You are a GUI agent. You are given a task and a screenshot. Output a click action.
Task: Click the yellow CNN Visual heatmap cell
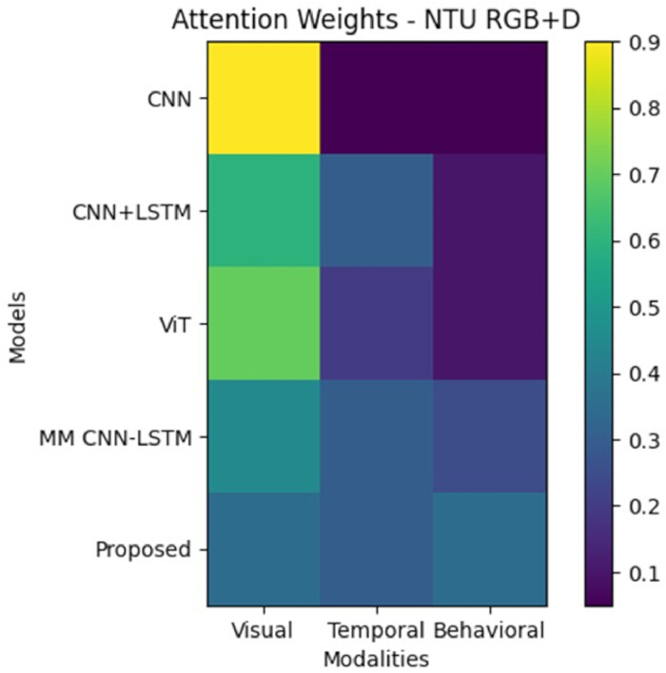[x=264, y=98]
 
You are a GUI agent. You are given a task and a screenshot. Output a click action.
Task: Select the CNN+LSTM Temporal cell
[x=377, y=211]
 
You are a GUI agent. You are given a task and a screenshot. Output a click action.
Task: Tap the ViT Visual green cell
[x=264, y=323]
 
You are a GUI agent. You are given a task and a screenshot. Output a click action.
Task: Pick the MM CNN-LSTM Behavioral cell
[x=490, y=436]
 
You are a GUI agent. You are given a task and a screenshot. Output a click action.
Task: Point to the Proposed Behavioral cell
[x=490, y=549]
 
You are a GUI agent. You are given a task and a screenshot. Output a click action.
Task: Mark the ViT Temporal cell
[x=377, y=323]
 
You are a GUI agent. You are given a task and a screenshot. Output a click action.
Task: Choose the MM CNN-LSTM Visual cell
[x=264, y=436]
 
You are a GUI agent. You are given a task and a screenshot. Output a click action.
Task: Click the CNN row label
[x=169, y=100]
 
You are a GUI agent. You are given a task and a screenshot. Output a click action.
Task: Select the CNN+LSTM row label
[x=132, y=213]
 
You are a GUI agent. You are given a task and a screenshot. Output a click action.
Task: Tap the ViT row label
[x=174, y=325]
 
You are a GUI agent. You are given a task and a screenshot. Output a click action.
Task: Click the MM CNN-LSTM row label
[x=115, y=438]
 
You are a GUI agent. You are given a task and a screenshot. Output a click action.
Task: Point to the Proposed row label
[x=143, y=549]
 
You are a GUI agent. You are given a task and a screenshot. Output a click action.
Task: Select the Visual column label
[x=262, y=630]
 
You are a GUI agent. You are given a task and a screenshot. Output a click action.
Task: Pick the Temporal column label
[x=377, y=631]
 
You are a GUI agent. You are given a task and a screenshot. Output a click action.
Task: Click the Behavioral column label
[x=489, y=630]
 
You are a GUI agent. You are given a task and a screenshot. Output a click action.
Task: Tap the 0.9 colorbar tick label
[x=644, y=44]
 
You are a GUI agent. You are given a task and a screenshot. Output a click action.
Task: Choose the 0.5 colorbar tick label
[x=644, y=308]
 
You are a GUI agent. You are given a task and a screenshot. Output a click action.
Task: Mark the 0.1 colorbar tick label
[x=644, y=573]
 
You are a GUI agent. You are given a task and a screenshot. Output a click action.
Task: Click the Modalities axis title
[x=377, y=659]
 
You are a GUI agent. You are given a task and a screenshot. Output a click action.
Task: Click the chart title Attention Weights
[x=284, y=20]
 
